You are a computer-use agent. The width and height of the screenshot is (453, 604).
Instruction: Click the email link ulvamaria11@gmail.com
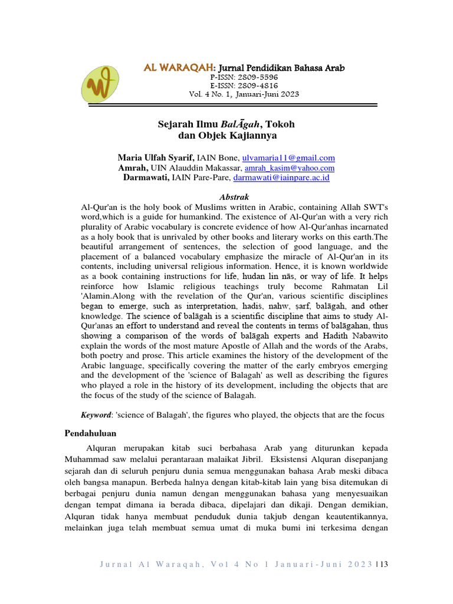288,157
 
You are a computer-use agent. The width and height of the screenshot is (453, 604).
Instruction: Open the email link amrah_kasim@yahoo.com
293,168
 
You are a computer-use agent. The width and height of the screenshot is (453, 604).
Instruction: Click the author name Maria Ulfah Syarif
156,157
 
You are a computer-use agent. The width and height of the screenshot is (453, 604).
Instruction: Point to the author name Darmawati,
146,177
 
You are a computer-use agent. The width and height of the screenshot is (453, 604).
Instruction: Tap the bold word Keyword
95,415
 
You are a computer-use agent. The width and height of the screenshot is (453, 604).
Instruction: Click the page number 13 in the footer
383,565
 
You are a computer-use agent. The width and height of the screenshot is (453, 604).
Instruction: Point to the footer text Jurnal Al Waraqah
147,565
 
